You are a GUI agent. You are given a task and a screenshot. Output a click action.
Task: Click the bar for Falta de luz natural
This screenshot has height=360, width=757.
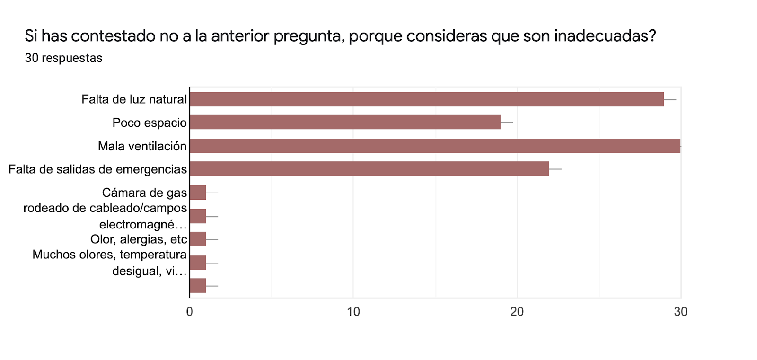426,99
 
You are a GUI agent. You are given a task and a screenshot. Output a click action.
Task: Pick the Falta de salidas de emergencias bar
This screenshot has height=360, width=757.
369,169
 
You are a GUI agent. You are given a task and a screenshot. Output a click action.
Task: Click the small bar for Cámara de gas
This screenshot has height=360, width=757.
198,193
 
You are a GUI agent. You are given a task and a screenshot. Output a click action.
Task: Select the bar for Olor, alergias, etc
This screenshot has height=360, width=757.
198,239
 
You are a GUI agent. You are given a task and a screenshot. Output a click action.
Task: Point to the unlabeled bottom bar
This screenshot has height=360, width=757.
198,286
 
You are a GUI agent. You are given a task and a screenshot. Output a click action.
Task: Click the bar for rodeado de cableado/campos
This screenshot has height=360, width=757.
198,216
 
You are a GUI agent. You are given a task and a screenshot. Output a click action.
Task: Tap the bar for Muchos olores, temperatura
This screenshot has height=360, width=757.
198,263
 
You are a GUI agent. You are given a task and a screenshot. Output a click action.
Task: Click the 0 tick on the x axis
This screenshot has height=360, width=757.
190,312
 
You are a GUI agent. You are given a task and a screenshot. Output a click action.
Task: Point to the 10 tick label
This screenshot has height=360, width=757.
353,312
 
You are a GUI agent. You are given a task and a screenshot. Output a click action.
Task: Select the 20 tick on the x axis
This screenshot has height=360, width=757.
517,312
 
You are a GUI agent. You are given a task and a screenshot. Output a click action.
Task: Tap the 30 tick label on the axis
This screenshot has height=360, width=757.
680,312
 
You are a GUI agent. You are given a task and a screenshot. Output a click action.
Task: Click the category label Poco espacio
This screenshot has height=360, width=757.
150,123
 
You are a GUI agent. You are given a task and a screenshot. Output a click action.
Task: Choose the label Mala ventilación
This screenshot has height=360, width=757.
142,146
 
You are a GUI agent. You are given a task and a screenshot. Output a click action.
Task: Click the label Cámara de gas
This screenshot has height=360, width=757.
144,193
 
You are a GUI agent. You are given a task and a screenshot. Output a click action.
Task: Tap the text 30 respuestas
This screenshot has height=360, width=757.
63,58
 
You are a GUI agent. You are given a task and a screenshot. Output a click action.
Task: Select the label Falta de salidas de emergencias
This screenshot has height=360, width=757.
97,169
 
